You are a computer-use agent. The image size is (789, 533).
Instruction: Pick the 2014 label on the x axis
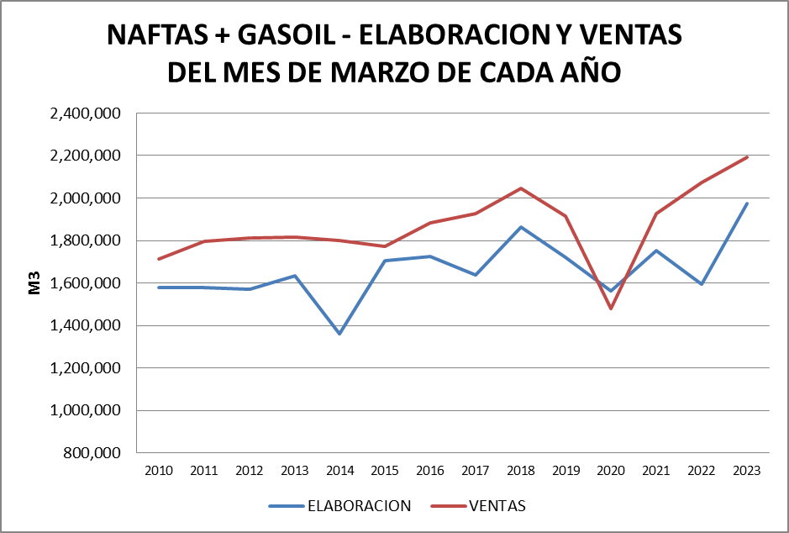click(x=339, y=471)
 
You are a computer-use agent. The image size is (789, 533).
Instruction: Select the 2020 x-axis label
click(x=611, y=471)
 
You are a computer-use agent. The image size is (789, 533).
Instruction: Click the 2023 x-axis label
click(x=746, y=471)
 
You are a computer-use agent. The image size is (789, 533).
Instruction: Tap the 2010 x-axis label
click(x=159, y=471)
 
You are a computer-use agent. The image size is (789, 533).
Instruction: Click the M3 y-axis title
click(x=34, y=283)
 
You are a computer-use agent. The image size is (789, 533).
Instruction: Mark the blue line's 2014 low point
click(x=339, y=334)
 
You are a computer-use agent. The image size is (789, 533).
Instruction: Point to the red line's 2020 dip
click(x=611, y=309)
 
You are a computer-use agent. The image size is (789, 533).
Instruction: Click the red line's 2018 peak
click(x=521, y=188)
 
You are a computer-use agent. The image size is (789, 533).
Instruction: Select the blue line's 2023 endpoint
click(x=747, y=203)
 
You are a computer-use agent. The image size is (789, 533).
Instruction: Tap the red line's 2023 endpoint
click(x=747, y=157)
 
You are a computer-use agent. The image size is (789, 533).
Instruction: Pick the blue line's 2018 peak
click(x=521, y=227)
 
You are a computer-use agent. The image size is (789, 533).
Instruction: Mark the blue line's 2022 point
click(x=702, y=284)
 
